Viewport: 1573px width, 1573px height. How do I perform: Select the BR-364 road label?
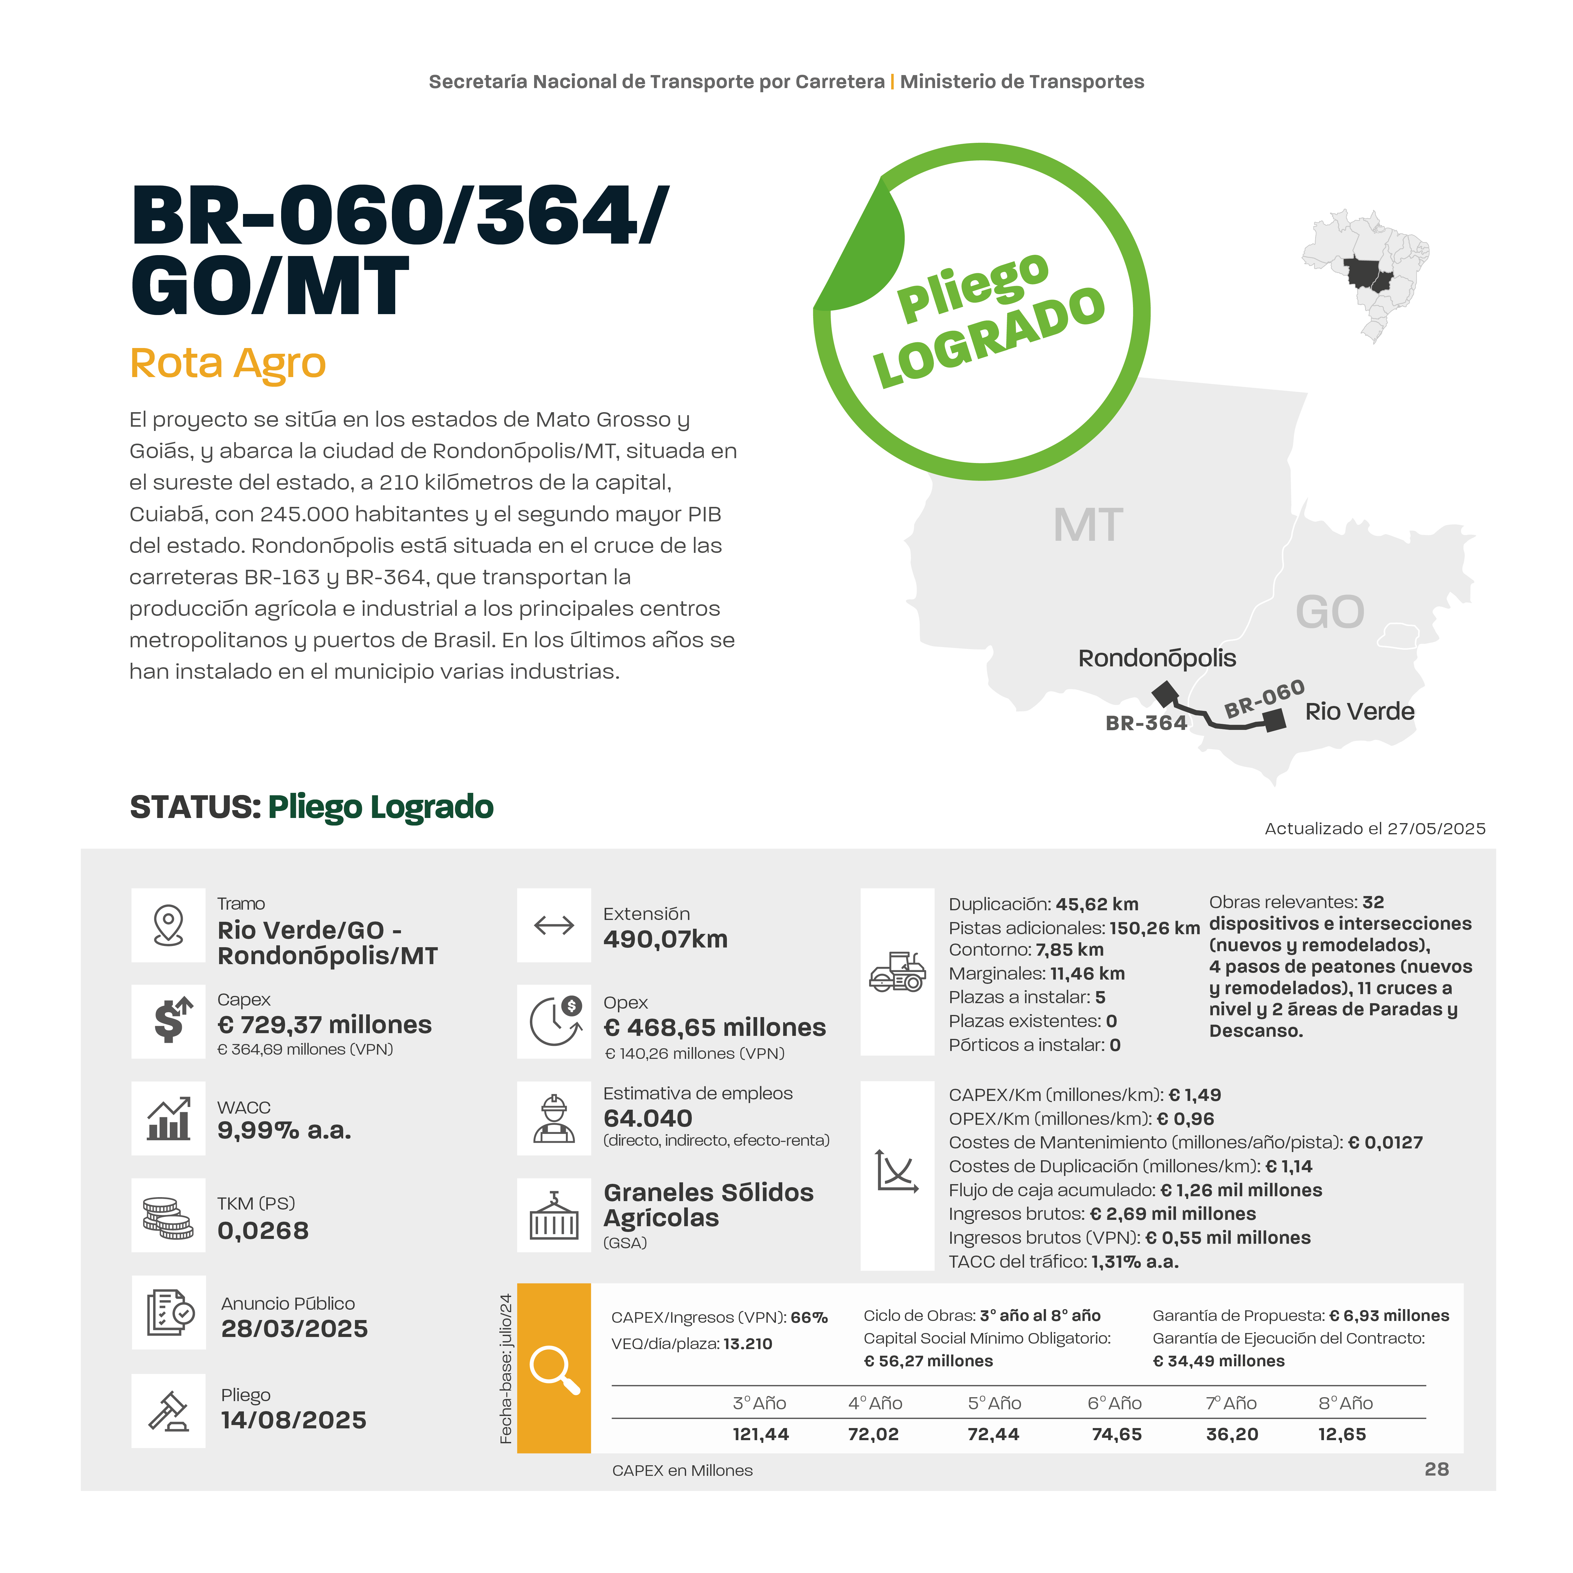pos(1146,723)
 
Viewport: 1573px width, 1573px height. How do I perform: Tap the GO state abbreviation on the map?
pos(1330,612)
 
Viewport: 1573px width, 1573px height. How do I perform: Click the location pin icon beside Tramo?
pos(169,925)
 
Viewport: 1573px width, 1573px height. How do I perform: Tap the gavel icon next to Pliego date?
pos(169,1411)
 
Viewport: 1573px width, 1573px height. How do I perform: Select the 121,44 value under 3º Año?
pos(760,1435)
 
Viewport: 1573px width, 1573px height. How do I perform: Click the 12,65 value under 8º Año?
pos(1342,1435)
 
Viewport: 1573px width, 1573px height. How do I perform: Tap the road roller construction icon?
pos(897,972)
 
